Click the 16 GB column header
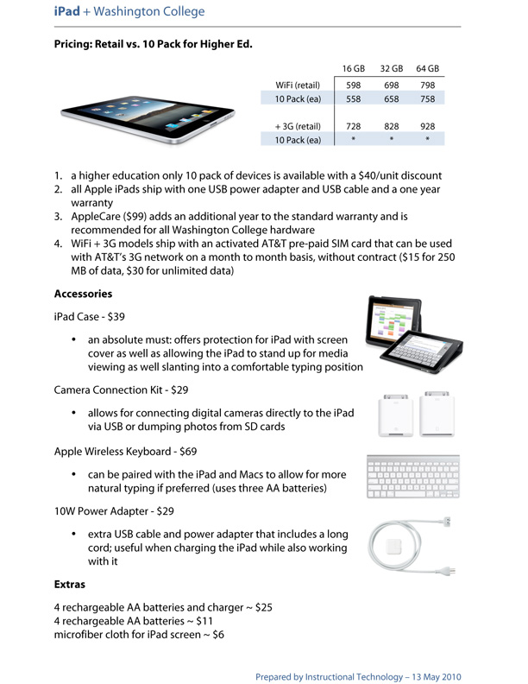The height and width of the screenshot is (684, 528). click(353, 68)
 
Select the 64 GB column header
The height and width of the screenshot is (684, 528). click(427, 68)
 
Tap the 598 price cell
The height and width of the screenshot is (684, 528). click(353, 85)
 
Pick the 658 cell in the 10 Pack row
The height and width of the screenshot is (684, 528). click(391, 100)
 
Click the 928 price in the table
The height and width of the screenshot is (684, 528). click(427, 126)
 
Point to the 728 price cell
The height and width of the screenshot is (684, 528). click(353, 126)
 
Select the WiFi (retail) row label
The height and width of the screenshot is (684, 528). click(298, 85)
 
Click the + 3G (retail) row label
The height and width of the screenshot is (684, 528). click(297, 126)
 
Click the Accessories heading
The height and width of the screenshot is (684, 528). click(83, 294)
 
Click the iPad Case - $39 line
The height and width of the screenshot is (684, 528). click(90, 317)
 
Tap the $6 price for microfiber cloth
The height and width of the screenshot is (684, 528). click(218, 635)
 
